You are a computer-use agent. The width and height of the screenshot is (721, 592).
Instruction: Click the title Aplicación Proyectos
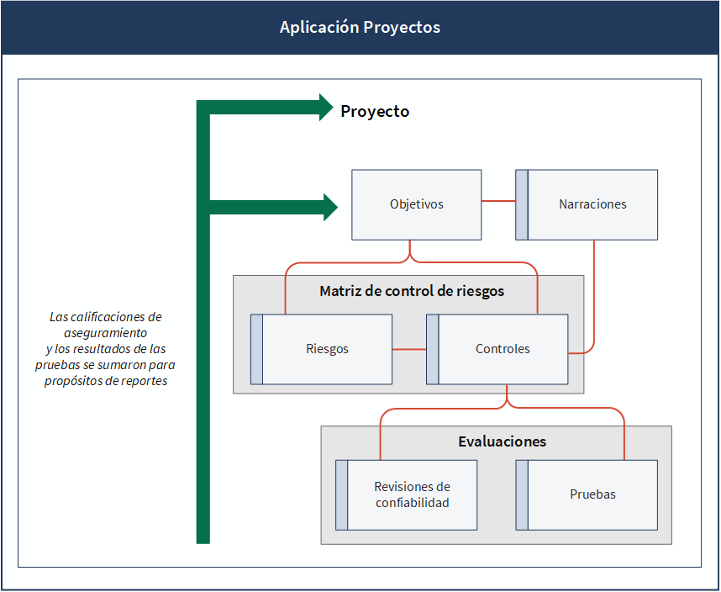pyautogui.click(x=360, y=27)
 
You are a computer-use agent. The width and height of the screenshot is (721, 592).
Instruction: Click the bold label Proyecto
pyautogui.click(x=375, y=111)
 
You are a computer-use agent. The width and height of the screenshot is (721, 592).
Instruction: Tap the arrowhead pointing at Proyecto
pyautogui.click(x=326, y=107)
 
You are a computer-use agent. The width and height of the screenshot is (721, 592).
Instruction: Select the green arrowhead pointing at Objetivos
pyautogui.click(x=330, y=208)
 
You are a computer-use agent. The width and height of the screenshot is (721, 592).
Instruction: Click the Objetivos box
pyautogui.click(x=417, y=204)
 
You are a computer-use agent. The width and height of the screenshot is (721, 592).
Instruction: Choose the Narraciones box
pyautogui.click(x=587, y=204)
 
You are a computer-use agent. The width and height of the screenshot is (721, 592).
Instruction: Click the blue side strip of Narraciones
pyautogui.click(x=522, y=204)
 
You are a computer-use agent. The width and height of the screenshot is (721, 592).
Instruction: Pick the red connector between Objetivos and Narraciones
pyautogui.click(x=498, y=201)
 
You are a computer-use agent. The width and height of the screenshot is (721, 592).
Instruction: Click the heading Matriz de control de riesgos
pyautogui.click(x=412, y=291)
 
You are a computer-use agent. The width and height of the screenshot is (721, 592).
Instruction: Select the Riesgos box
pyautogui.click(x=321, y=349)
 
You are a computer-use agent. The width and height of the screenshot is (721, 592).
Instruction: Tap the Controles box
pyautogui.click(x=497, y=349)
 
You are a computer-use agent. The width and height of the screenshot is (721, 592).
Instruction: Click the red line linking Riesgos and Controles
pyautogui.click(x=409, y=350)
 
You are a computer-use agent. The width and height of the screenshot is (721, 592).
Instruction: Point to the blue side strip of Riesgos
pyautogui.click(x=256, y=349)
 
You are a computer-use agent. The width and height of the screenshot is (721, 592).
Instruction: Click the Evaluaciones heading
pyautogui.click(x=503, y=441)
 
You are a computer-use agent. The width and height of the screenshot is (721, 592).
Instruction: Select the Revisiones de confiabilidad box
pyautogui.click(x=406, y=495)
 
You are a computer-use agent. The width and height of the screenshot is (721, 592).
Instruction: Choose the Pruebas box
pyautogui.click(x=587, y=495)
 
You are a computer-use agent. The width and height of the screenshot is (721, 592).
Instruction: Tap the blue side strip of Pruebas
pyautogui.click(x=522, y=495)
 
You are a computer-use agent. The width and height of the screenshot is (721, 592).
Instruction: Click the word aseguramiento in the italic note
pyautogui.click(x=105, y=333)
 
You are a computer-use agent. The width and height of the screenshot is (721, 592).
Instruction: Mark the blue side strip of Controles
pyautogui.click(x=432, y=349)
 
